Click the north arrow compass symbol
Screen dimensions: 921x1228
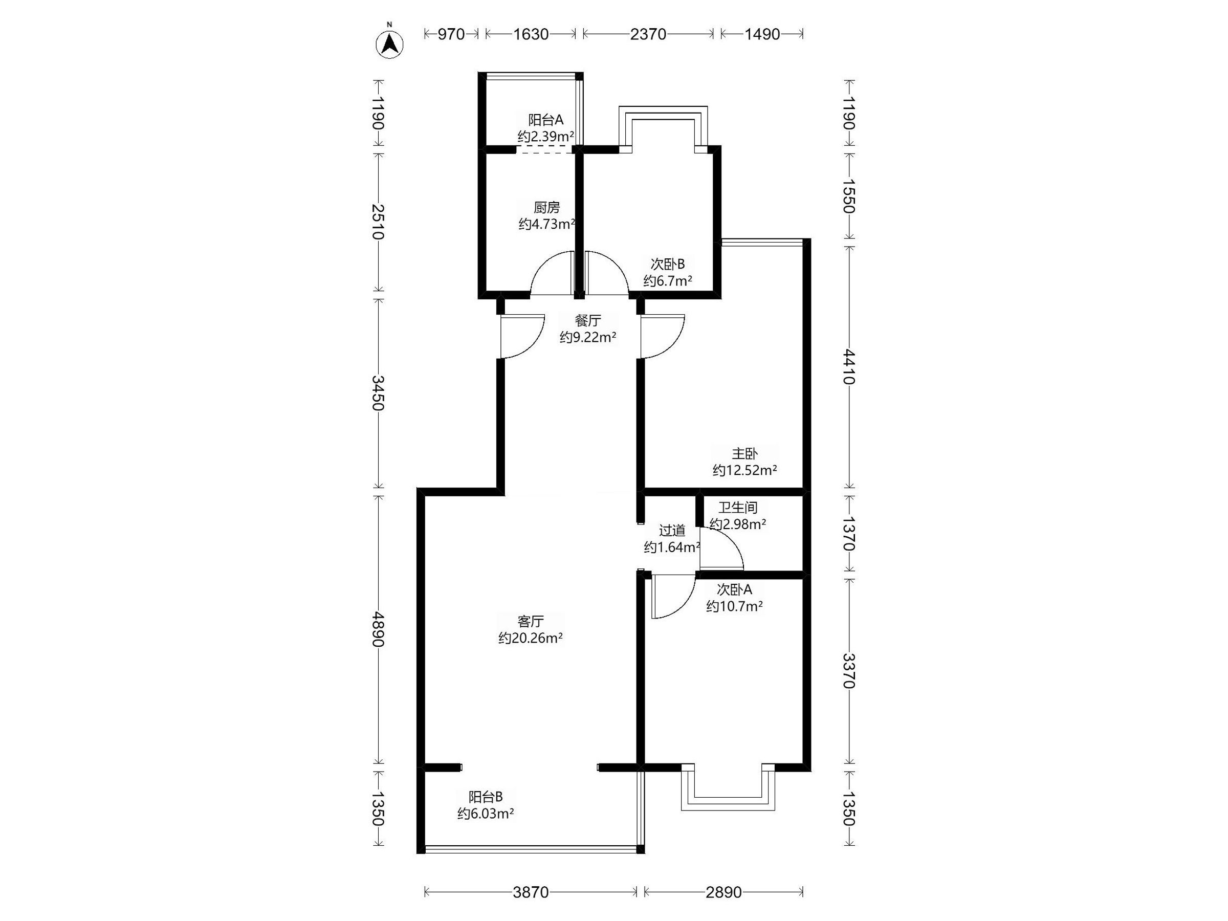click(x=390, y=44)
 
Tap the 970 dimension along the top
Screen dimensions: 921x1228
click(x=451, y=34)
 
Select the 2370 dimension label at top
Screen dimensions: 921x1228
click(x=648, y=34)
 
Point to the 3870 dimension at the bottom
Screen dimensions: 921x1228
click(x=531, y=893)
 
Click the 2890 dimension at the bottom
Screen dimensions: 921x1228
click(x=723, y=893)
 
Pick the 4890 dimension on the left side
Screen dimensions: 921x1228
click(x=378, y=629)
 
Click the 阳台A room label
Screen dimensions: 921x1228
click(x=546, y=120)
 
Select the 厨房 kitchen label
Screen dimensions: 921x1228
click(x=547, y=208)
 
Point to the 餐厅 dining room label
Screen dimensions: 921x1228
click(x=588, y=320)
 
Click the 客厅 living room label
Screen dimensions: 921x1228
click(x=530, y=621)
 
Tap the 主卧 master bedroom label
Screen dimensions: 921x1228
click(x=744, y=453)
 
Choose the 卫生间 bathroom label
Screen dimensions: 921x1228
click(x=738, y=508)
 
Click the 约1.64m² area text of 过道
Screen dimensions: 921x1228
click(x=672, y=548)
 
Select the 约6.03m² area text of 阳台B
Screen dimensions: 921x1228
click(x=485, y=814)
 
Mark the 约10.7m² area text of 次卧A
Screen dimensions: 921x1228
click(x=734, y=606)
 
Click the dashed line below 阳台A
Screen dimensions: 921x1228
click(x=544, y=150)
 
